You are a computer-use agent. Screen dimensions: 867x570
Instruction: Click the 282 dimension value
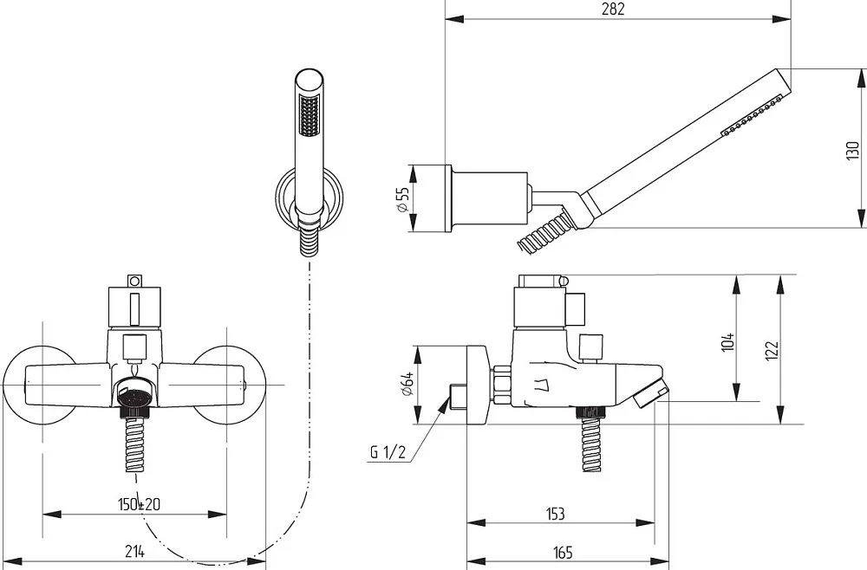click(x=613, y=10)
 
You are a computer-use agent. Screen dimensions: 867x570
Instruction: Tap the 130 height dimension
click(x=852, y=151)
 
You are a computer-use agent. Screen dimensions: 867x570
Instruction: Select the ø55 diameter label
click(x=402, y=199)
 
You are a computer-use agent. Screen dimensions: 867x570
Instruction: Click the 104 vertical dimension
click(x=728, y=341)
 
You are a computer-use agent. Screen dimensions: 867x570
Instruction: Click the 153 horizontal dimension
click(x=555, y=514)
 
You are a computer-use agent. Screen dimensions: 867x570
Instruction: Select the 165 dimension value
click(x=563, y=552)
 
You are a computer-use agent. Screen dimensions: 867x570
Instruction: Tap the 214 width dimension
click(x=134, y=551)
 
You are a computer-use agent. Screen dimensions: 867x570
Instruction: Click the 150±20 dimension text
click(x=139, y=504)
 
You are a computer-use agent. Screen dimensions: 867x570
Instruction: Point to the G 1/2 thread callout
click(x=388, y=453)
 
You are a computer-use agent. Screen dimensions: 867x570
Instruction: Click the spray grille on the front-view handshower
click(x=309, y=115)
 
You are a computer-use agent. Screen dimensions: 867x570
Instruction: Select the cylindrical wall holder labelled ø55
click(x=486, y=198)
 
